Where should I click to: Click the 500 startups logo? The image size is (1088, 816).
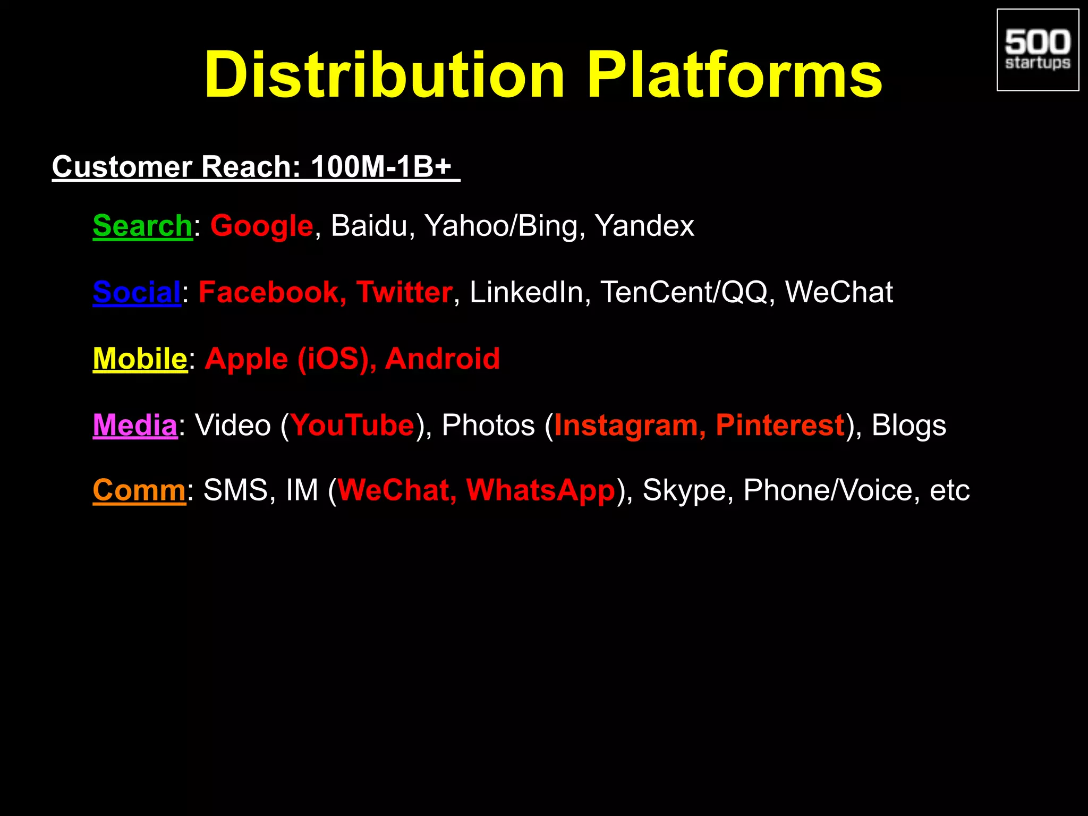(x=1038, y=50)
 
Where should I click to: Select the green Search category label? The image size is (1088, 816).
(x=142, y=226)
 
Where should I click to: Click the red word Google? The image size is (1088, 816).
(x=262, y=226)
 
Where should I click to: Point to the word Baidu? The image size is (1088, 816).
(x=369, y=226)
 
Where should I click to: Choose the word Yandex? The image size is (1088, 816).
(x=644, y=226)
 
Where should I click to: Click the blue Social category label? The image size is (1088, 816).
(x=137, y=292)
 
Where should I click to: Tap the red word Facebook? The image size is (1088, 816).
(x=269, y=292)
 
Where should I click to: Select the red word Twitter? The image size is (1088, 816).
(x=404, y=292)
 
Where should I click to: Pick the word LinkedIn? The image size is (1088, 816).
(x=526, y=292)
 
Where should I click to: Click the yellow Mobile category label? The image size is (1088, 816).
(x=140, y=359)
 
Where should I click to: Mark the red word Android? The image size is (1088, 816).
(x=442, y=359)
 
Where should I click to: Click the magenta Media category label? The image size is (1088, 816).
(x=135, y=425)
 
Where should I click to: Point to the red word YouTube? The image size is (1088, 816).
(x=352, y=425)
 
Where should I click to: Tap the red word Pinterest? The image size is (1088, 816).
(x=780, y=425)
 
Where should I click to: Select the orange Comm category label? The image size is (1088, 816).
(x=139, y=490)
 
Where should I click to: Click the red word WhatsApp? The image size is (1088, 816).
(x=540, y=490)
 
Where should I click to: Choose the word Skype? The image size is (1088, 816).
(x=684, y=490)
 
